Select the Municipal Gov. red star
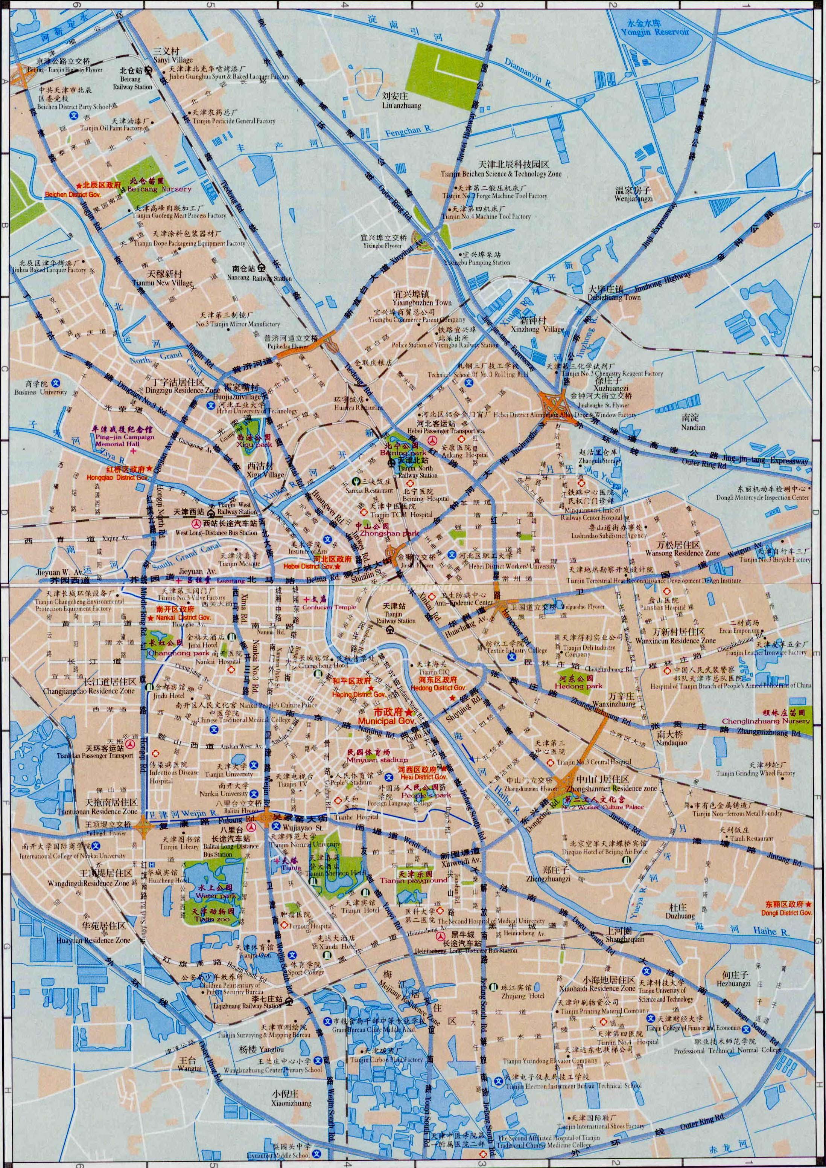409,713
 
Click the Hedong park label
578,686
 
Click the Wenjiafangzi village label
633,199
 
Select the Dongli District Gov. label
786,913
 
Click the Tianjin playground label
414,880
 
